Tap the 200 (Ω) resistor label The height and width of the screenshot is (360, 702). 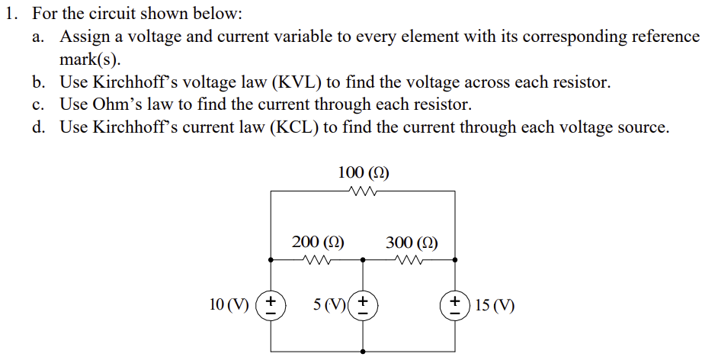[318, 243]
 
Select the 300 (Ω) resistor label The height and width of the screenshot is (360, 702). [412, 243]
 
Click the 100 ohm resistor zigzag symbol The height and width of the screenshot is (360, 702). [363, 191]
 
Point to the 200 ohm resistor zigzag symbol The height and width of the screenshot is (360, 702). [317, 259]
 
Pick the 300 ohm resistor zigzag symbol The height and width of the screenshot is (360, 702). [410, 259]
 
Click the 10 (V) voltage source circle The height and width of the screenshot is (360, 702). [271, 305]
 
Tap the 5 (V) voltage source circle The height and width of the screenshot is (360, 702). [364, 305]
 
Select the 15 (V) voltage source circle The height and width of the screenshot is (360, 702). [456, 305]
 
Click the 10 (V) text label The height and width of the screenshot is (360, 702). [229, 305]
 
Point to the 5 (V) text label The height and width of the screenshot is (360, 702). [329, 305]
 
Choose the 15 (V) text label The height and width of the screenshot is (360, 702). [494, 306]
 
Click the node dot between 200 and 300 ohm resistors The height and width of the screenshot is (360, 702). [364, 259]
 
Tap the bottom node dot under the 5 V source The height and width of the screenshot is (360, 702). [364, 352]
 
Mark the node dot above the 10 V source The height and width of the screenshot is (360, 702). [271, 259]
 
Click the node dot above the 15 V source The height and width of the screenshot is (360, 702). [456, 259]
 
